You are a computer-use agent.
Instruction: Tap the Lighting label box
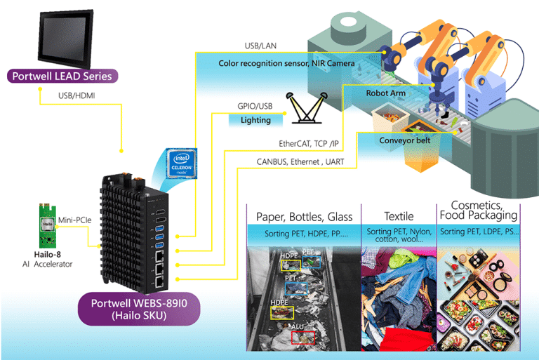(x=255, y=120)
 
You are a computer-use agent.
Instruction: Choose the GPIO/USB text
(x=255, y=106)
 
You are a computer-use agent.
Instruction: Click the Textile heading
(x=399, y=216)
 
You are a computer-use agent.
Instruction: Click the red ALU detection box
(x=303, y=337)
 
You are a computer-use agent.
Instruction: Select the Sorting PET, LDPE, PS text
(x=477, y=232)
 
